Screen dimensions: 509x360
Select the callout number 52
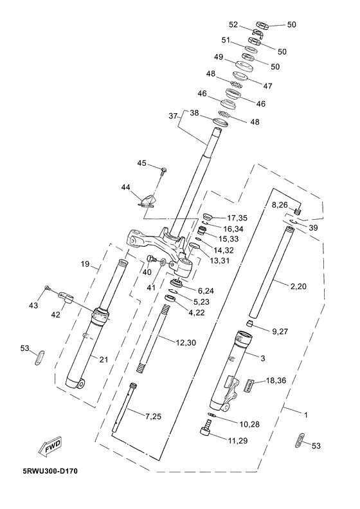click(233, 24)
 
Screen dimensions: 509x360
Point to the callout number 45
click(142, 163)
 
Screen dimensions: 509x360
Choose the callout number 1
click(306, 415)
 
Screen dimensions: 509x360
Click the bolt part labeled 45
click(164, 171)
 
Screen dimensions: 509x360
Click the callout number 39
click(313, 228)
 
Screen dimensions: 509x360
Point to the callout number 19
click(85, 264)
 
